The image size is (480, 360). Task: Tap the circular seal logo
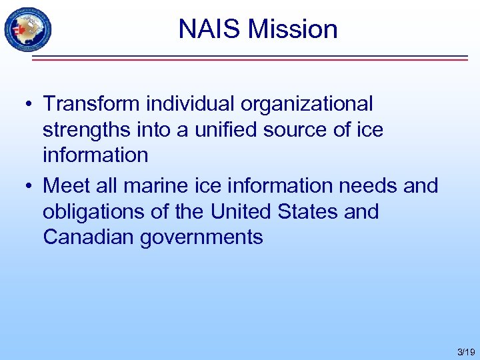point(27,30)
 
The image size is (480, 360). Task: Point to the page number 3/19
point(466,351)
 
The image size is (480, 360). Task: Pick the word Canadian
point(89,237)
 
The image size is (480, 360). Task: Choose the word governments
point(201,237)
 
